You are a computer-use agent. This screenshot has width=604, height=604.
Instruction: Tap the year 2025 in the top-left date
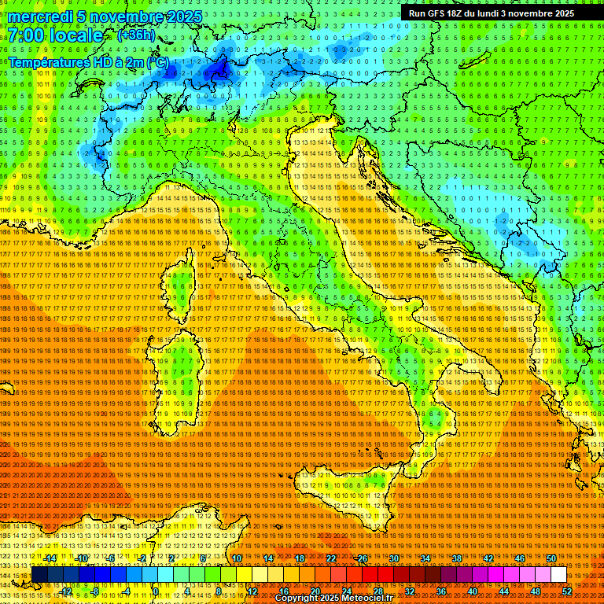click(x=180, y=17)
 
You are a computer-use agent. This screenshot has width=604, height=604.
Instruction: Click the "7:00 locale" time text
click(x=56, y=36)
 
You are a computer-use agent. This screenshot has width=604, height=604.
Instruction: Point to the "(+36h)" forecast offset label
click(x=136, y=35)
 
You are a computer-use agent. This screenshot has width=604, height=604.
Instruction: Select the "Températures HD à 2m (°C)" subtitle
click(x=88, y=61)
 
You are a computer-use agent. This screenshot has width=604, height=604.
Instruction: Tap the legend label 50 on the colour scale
click(x=551, y=558)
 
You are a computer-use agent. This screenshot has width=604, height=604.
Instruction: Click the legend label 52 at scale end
click(x=567, y=591)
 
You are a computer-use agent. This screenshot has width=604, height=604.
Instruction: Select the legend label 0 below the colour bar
click(x=157, y=591)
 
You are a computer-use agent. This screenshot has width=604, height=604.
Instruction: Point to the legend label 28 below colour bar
click(x=377, y=591)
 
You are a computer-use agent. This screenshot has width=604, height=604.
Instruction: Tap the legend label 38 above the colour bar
click(x=456, y=558)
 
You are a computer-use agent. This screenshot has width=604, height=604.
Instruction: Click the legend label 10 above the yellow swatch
click(x=237, y=558)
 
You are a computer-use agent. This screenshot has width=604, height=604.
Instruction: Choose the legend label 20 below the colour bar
click(x=315, y=591)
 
